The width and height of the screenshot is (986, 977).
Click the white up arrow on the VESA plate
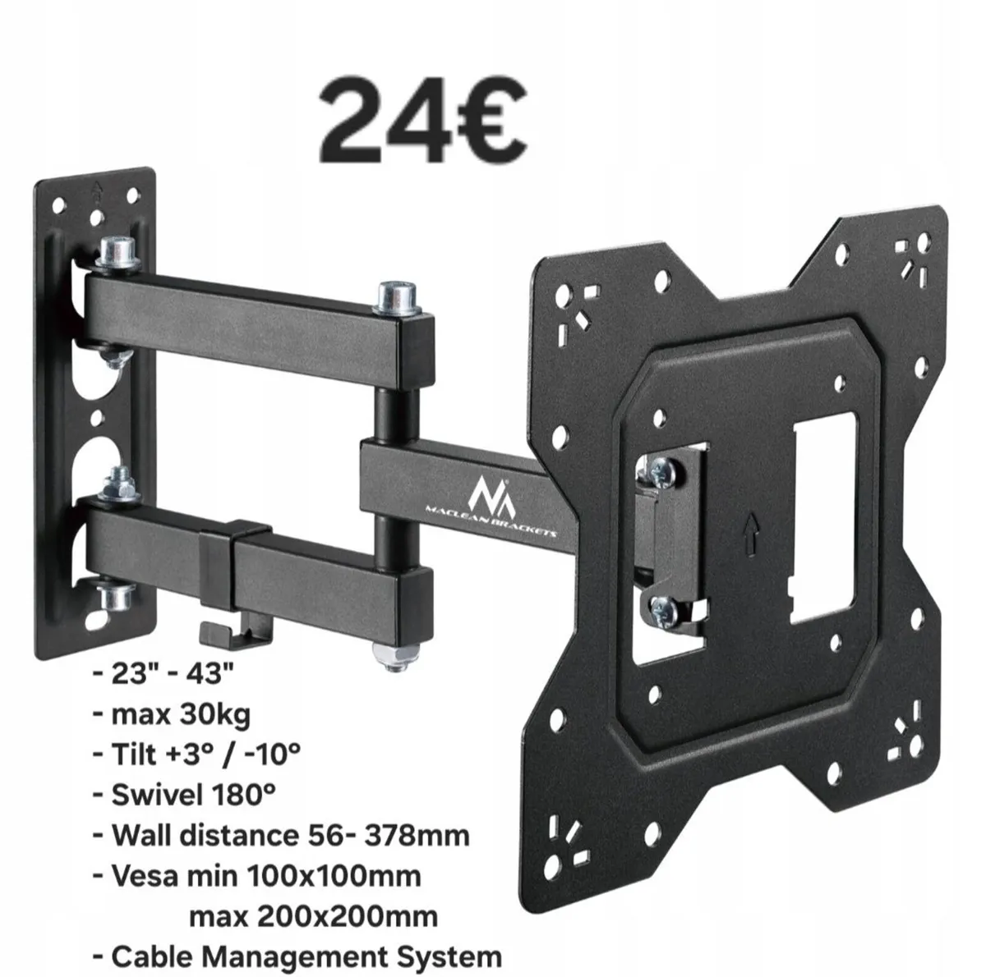pyautogui.click(x=747, y=526)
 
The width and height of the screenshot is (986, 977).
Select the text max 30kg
pyautogui.click(x=182, y=714)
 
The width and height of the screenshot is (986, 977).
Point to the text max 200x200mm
pyautogui.click(x=313, y=915)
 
